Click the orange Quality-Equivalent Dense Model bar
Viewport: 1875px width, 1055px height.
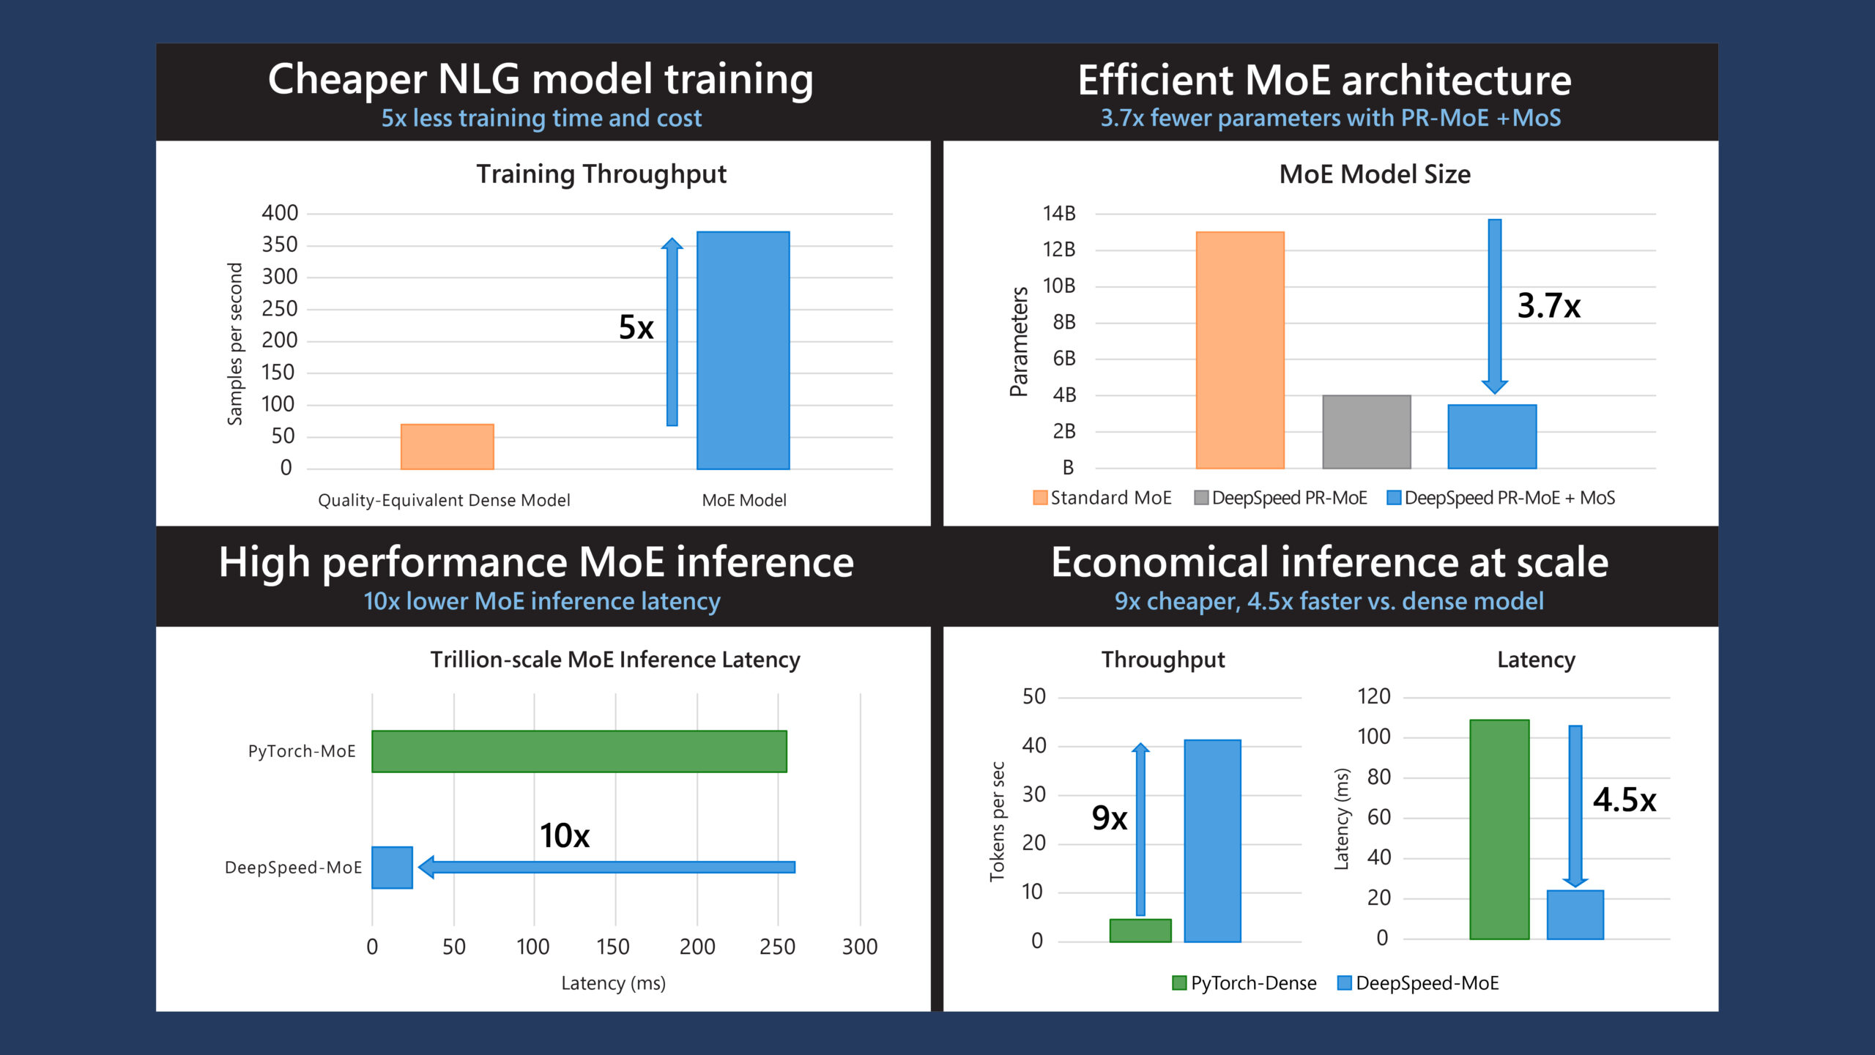pyautogui.click(x=447, y=447)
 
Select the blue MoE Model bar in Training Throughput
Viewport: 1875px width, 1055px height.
pyautogui.click(x=743, y=350)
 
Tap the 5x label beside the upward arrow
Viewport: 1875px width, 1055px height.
pyautogui.click(x=636, y=327)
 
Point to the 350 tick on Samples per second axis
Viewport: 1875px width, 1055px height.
pyautogui.click(x=280, y=245)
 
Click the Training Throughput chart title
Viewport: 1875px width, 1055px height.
pyautogui.click(x=601, y=174)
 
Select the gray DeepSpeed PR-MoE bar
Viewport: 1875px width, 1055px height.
pyautogui.click(x=1366, y=432)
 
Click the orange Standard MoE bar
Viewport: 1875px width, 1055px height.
pyautogui.click(x=1239, y=350)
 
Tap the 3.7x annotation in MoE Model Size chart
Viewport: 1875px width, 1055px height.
pyautogui.click(x=1548, y=306)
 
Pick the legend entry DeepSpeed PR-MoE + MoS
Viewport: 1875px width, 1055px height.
pyautogui.click(x=1501, y=498)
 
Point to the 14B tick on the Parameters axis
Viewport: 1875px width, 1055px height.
pyautogui.click(x=1059, y=214)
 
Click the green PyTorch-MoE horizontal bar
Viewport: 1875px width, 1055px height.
pyautogui.click(x=579, y=751)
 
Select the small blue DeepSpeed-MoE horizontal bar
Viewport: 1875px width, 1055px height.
pyautogui.click(x=392, y=868)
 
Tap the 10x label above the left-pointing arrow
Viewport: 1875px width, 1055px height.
pyautogui.click(x=564, y=835)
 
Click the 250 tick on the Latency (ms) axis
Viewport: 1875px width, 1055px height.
pyautogui.click(x=777, y=947)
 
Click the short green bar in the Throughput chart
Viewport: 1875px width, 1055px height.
pyautogui.click(x=1140, y=931)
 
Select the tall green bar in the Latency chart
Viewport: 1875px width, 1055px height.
pyautogui.click(x=1499, y=829)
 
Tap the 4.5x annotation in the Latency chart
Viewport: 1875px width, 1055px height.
pyautogui.click(x=1624, y=799)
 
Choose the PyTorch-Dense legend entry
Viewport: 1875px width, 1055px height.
pyautogui.click(x=1245, y=983)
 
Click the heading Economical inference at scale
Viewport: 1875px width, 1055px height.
pyautogui.click(x=1329, y=562)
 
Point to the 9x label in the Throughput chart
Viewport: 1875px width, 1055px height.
pyautogui.click(x=1109, y=818)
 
